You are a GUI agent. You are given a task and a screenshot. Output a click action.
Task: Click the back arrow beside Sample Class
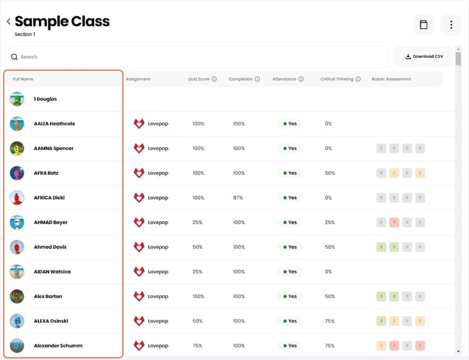tap(8, 22)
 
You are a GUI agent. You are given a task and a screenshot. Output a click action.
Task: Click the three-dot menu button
tap(451, 25)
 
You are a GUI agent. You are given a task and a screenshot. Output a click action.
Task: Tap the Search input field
tap(198, 57)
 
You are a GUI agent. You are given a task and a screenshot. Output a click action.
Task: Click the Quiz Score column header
tap(198, 79)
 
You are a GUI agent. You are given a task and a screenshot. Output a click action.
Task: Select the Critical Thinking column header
tap(337, 79)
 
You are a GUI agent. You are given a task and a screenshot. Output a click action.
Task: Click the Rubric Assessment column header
tap(391, 79)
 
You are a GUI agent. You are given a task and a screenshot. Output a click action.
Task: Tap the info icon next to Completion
tap(257, 79)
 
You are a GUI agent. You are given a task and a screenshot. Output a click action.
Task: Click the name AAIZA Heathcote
tap(55, 123)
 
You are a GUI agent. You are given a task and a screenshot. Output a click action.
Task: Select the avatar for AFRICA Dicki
tap(17, 198)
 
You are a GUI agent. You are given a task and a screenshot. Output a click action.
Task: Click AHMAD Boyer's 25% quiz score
tap(198, 222)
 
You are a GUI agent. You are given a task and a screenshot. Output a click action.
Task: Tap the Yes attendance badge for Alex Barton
tap(290, 297)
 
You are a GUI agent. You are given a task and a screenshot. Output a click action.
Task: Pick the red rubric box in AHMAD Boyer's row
tap(394, 222)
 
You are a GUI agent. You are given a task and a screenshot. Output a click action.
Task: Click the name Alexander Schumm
tap(58, 346)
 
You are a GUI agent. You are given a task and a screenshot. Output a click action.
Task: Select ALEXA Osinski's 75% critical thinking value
tap(329, 321)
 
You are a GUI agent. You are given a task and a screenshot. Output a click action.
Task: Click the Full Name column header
tap(23, 79)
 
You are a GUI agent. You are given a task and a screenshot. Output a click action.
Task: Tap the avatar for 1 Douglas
tap(17, 99)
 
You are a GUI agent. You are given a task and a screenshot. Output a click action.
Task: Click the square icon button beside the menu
tap(423, 25)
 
